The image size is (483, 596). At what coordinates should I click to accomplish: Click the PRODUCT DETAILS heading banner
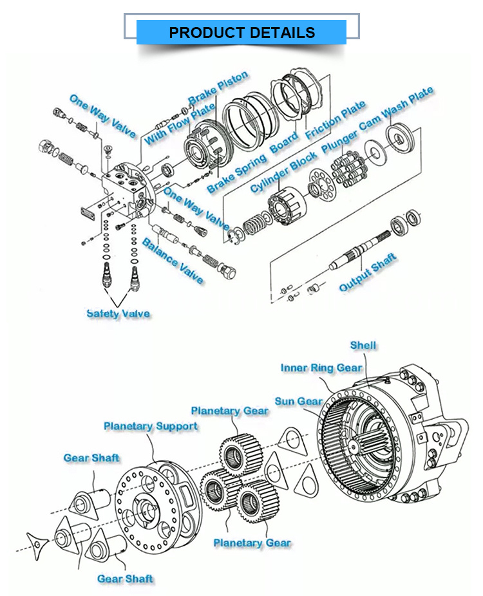pos(241,32)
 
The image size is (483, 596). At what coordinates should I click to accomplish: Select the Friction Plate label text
pos(336,120)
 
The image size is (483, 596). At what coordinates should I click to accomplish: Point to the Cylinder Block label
pos(283,172)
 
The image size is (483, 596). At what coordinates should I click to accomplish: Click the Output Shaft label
pos(368,272)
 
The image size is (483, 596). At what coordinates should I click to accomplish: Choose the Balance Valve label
pos(173,261)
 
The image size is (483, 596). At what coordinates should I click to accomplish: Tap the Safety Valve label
pos(118,313)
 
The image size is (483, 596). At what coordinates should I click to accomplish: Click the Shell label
pos(363,346)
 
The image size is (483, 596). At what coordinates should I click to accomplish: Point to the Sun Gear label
pos(299,401)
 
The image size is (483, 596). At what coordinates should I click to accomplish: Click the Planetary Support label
pos(151,426)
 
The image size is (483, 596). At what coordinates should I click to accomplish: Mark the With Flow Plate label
pos(170,125)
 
